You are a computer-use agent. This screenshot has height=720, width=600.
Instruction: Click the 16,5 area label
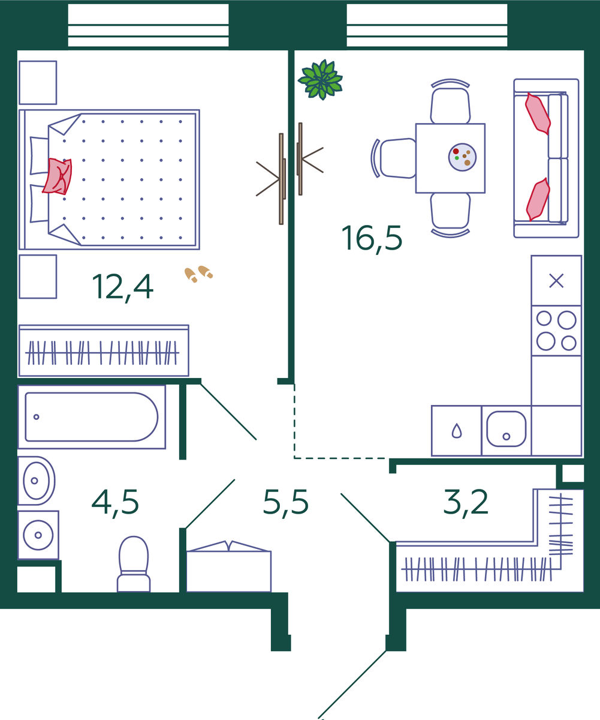tap(372, 239)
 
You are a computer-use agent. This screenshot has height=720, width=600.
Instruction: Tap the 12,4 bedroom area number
tap(123, 287)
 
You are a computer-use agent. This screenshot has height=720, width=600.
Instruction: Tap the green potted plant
tap(320, 80)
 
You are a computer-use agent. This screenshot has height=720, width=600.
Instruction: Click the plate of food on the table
tap(462, 157)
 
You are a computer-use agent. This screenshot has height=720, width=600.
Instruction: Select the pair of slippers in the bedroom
tap(198, 274)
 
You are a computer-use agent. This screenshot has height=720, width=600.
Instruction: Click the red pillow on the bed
tap(58, 176)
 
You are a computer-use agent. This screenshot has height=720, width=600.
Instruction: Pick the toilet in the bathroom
tap(134, 564)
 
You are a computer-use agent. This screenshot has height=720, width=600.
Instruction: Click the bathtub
tap(92, 417)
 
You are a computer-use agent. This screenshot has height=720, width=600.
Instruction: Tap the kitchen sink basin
tap(506, 429)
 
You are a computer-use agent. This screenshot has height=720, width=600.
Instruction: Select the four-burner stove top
tap(556, 331)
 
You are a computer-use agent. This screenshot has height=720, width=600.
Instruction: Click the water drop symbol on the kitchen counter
tap(457, 431)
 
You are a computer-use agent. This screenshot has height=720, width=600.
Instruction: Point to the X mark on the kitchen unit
tap(556, 281)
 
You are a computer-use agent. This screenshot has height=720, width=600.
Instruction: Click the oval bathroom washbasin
tap(36, 481)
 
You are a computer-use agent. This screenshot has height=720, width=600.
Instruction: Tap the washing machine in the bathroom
tap(38, 535)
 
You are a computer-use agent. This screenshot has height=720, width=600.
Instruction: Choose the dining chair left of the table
tap(394, 158)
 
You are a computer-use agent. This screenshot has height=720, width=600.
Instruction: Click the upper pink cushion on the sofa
tap(538, 113)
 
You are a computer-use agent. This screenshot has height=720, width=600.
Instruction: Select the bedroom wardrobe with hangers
tap(104, 350)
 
